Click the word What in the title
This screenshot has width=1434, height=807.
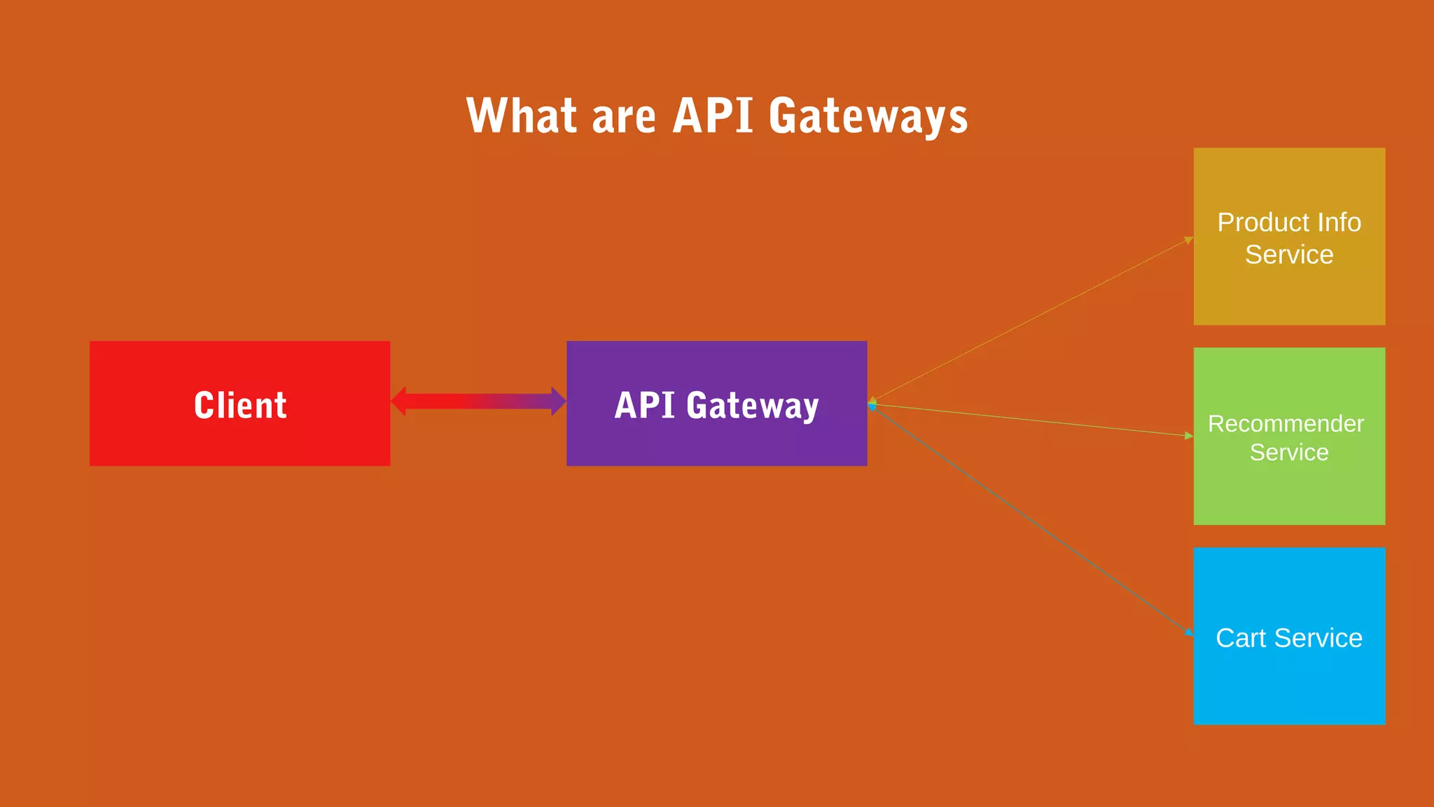click(521, 116)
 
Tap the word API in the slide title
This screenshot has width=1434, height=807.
click(712, 116)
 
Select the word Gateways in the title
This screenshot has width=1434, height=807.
click(868, 117)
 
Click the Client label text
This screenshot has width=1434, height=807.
click(240, 405)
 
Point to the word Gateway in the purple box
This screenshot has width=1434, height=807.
click(753, 406)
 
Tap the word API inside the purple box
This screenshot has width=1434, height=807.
click(644, 405)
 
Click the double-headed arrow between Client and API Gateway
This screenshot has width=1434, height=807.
click(478, 401)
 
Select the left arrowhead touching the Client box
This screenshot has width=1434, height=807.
click(398, 401)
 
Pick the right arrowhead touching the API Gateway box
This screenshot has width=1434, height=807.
click(558, 401)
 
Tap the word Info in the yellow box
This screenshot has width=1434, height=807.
click(1339, 222)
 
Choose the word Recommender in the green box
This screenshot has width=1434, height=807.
click(1286, 424)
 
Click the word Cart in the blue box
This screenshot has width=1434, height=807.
click(1240, 638)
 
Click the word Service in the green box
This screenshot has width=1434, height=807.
click(1289, 453)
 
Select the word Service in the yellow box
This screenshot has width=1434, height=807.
click(1289, 254)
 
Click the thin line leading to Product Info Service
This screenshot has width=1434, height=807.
click(1032, 320)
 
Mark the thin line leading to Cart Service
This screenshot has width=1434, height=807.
click(1032, 520)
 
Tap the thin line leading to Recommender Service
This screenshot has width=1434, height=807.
click(1032, 420)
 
